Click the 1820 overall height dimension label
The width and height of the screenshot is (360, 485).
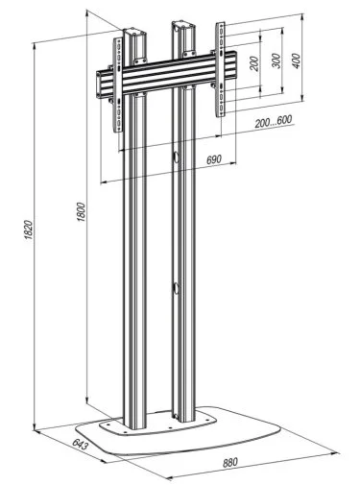(x=28, y=230)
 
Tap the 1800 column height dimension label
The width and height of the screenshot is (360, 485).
(x=81, y=212)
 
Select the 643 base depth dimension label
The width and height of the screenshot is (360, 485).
(x=80, y=444)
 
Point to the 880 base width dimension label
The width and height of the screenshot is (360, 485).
(x=230, y=462)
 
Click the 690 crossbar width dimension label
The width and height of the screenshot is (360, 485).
(x=214, y=159)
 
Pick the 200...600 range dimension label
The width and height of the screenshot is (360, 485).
(x=274, y=122)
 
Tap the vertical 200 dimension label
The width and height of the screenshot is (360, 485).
(x=253, y=63)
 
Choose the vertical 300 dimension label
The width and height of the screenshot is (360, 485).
(x=276, y=61)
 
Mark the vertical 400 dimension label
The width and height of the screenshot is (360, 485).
(x=297, y=61)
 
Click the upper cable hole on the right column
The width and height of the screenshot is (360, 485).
(x=176, y=157)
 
